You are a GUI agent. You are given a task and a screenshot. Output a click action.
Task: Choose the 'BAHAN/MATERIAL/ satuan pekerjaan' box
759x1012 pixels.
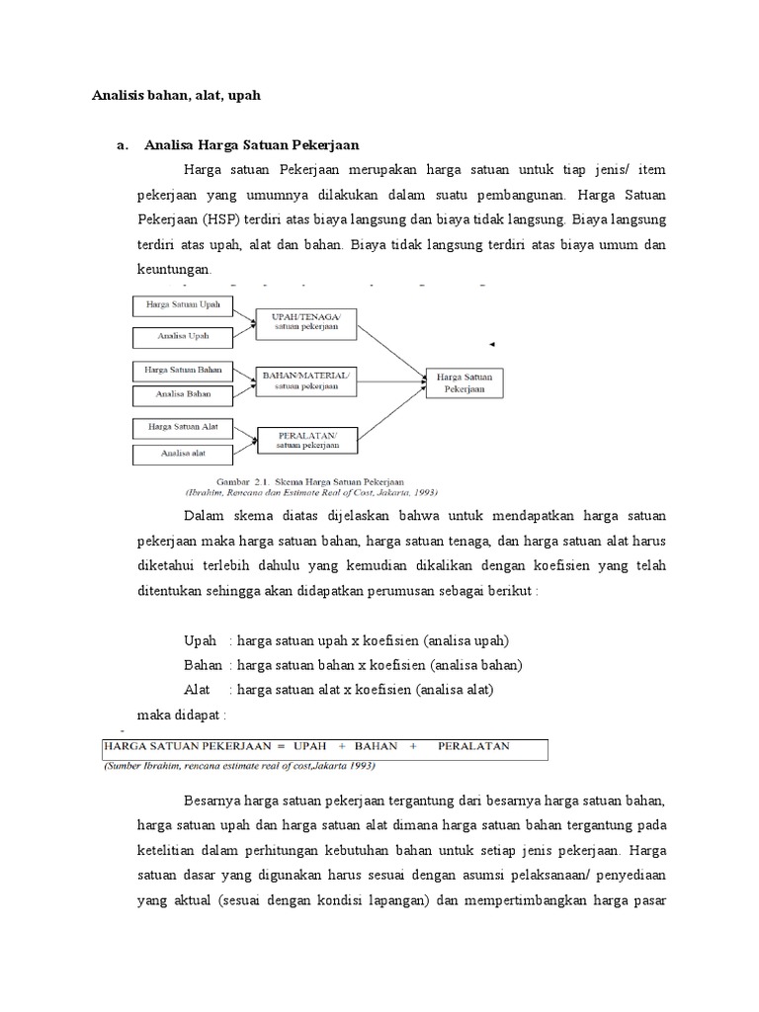pos(305,380)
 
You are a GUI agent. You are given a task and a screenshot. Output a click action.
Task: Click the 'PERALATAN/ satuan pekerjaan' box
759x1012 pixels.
pos(305,440)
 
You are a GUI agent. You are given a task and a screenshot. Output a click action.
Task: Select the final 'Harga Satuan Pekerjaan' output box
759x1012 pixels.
pos(464,383)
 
